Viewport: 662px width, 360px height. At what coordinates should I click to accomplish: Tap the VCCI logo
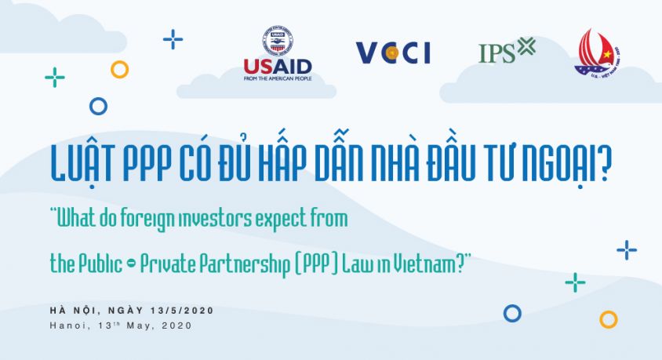(x=393, y=53)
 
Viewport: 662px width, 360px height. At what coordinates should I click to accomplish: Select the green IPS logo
(x=507, y=52)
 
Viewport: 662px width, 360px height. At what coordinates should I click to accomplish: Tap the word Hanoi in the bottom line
(x=68, y=325)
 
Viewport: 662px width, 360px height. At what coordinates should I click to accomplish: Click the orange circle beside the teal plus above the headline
(x=119, y=70)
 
